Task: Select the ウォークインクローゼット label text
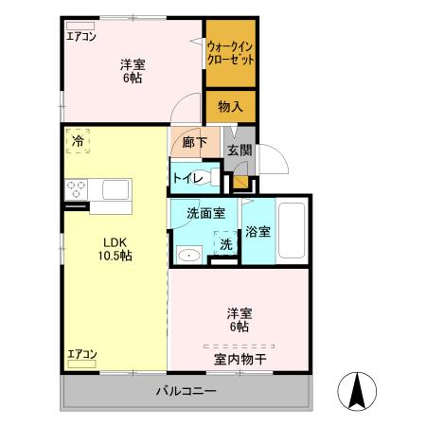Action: pos(229,52)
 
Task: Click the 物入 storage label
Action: pos(229,107)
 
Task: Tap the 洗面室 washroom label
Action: pos(204,212)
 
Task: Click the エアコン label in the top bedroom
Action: pos(81,38)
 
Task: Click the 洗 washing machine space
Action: pos(225,243)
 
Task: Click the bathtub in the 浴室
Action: pos(293,232)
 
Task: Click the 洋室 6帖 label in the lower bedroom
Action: pos(238,319)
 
